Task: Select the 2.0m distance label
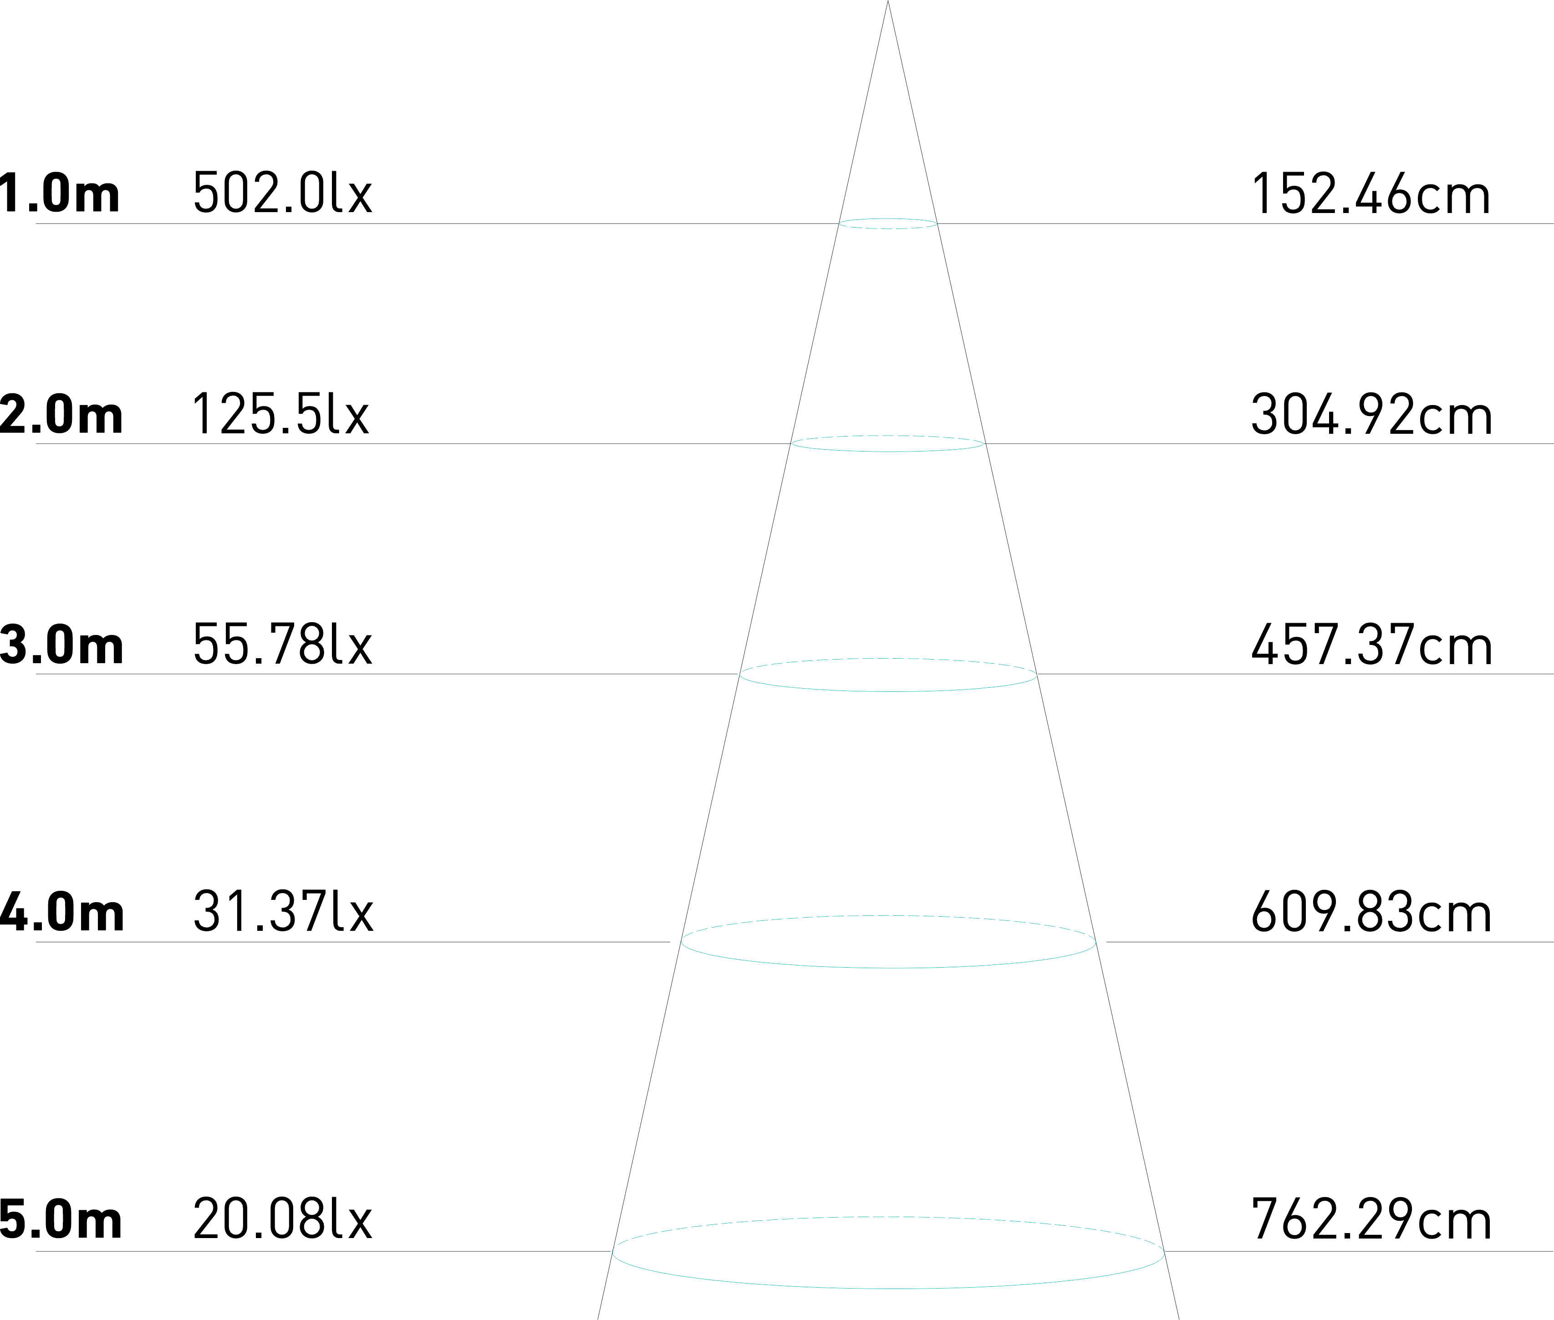(61, 415)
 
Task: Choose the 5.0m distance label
(61, 1220)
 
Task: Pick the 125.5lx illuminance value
(281, 415)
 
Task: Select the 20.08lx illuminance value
(282, 1220)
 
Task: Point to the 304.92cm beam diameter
(1371, 415)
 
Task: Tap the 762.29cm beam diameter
(1371, 1220)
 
